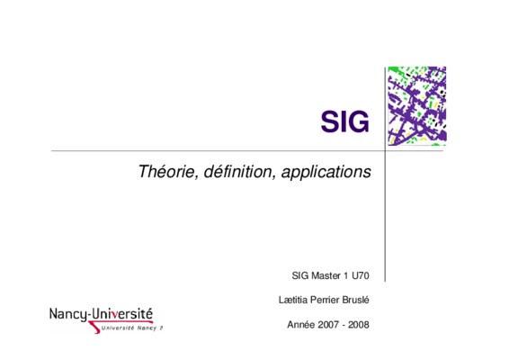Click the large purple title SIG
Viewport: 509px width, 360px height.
pos(344,121)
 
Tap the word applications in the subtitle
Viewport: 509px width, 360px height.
pos(326,172)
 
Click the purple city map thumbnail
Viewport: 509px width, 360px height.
pos(417,106)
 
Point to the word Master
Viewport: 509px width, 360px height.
pos(326,275)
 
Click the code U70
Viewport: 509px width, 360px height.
pos(361,275)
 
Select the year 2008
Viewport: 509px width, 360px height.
pos(359,324)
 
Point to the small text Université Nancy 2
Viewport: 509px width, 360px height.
pos(132,328)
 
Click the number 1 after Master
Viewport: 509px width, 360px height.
pos(346,275)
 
